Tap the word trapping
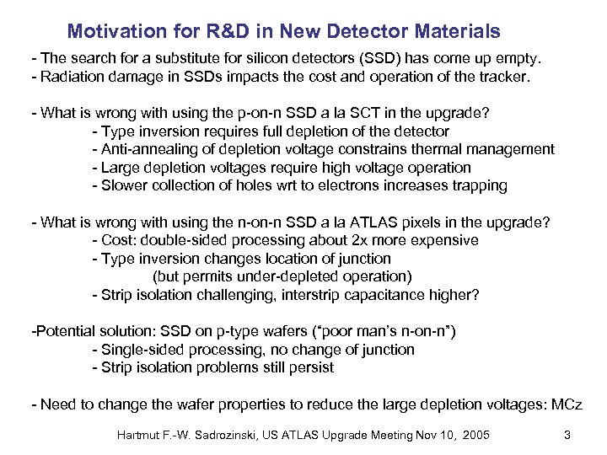pos(479,185)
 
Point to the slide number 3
pos(567,434)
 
